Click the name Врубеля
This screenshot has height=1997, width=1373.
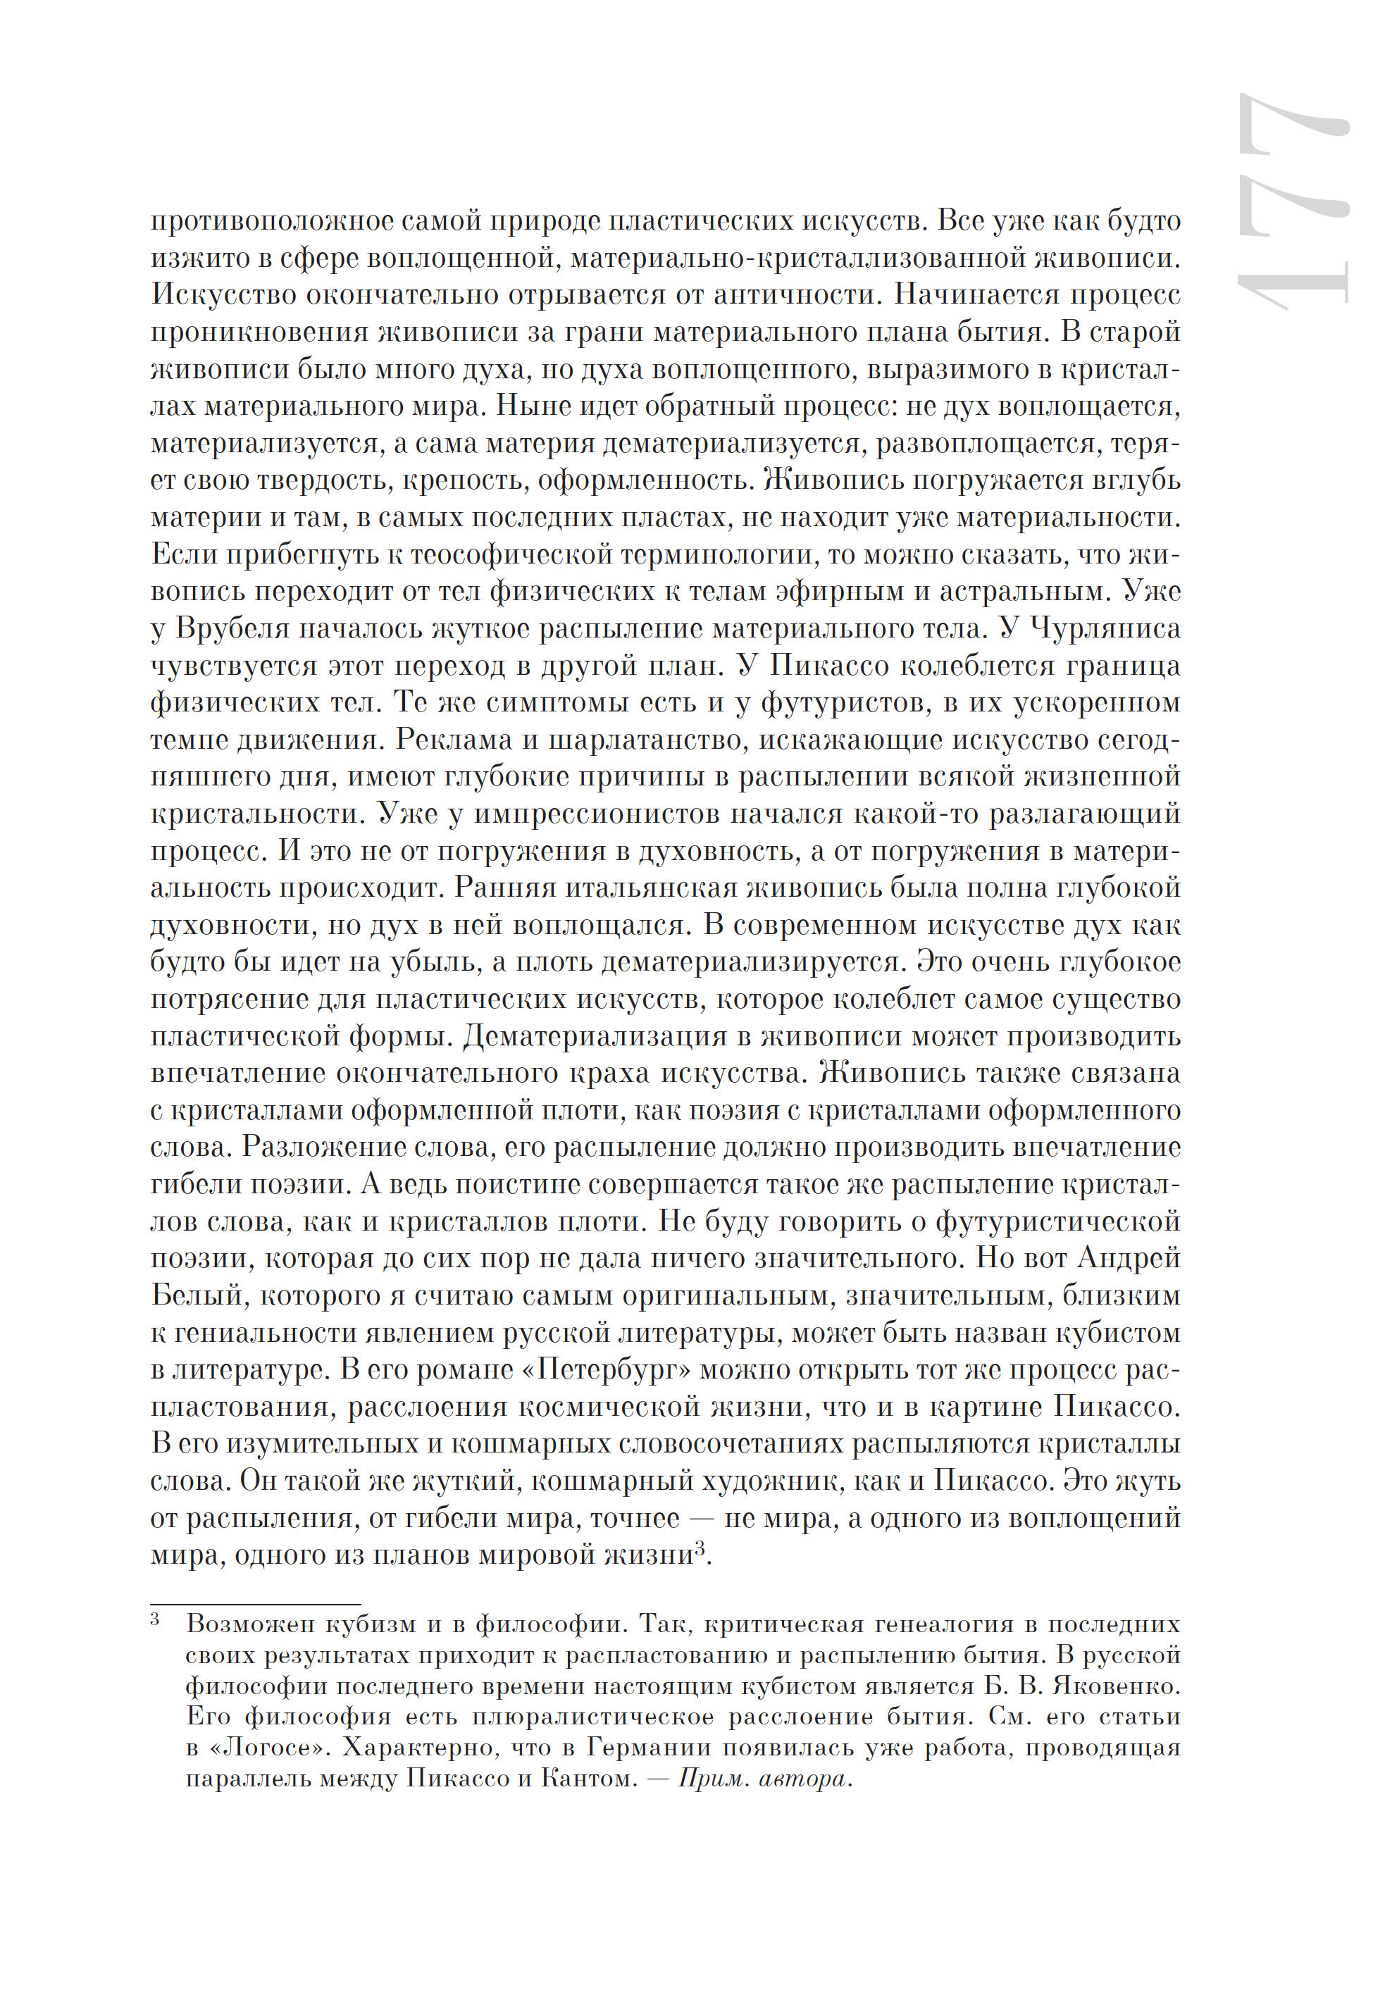[232, 630]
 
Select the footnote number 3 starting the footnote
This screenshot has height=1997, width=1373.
[156, 1621]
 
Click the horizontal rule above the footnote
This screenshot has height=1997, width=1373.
[256, 1605]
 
